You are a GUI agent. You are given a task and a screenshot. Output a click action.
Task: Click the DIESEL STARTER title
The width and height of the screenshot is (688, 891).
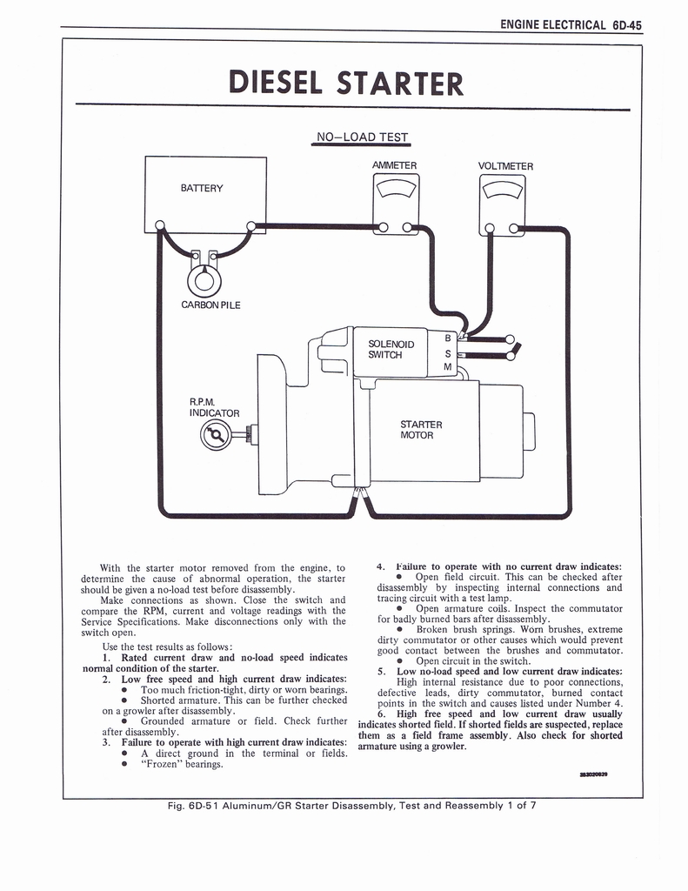pyautogui.click(x=345, y=83)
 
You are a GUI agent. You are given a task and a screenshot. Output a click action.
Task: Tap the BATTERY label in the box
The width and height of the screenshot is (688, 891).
pyautogui.click(x=202, y=188)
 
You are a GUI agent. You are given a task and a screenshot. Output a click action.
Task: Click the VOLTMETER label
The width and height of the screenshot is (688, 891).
pyautogui.click(x=505, y=166)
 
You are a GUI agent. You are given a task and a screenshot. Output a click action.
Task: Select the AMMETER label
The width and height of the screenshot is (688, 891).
pyautogui.click(x=394, y=165)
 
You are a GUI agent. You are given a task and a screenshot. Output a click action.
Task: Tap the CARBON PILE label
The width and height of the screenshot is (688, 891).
pyautogui.click(x=210, y=305)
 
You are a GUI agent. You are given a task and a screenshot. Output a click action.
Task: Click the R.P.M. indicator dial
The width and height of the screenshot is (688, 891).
pyautogui.click(x=216, y=433)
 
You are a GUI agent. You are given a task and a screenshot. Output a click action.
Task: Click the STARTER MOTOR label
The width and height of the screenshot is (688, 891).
pyautogui.click(x=421, y=430)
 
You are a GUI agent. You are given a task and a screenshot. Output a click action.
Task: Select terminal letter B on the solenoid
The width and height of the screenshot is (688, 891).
pyautogui.click(x=448, y=338)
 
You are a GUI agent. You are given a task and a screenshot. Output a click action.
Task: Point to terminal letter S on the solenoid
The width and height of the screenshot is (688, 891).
pyautogui.click(x=448, y=353)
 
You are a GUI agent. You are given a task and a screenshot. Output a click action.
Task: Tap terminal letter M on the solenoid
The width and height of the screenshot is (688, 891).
pyautogui.click(x=448, y=368)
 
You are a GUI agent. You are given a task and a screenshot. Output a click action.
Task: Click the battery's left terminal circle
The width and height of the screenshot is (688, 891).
pyautogui.click(x=160, y=227)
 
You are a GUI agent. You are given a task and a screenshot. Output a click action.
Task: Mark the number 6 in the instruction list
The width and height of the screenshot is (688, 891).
pyautogui.click(x=382, y=713)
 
